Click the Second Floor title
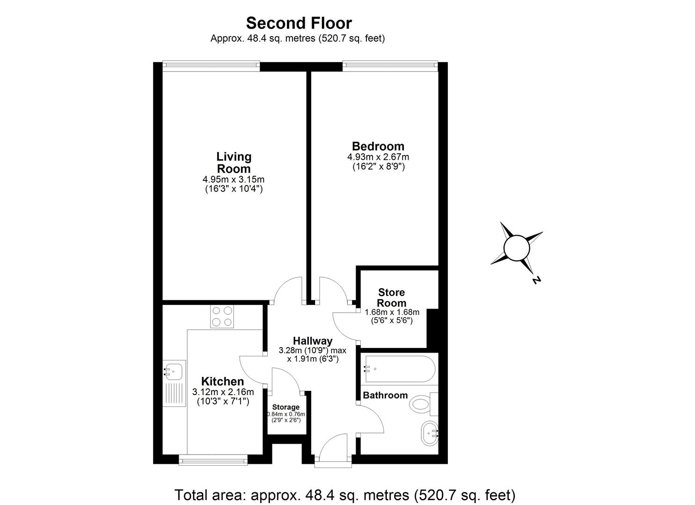pyautogui.click(x=299, y=23)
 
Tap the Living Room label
pyautogui.click(x=234, y=162)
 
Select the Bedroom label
pyautogui.click(x=378, y=146)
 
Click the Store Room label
pyautogui.click(x=392, y=297)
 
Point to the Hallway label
pyautogui.click(x=313, y=341)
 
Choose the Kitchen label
pyautogui.click(x=222, y=382)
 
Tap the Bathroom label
pyautogui.click(x=385, y=395)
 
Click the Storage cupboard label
pyautogui.click(x=285, y=407)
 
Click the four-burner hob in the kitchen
pyautogui.click(x=222, y=316)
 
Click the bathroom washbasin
pyautogui.click(x=429, y=433)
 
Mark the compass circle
pyautogui.click(x=516, y=248)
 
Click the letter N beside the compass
pyautogui.click(x=536, y=280)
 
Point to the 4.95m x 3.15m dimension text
pyautogui.click(x=234, y=180)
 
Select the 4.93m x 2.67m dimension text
pyautogui.click(x=378, y=157)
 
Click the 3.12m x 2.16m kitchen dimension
pyautogui.click(x=223, y=392)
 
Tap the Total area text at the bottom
pyautogui.click(x=345, y=494)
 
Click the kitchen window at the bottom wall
pyautogui.click(x=213, y=461)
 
